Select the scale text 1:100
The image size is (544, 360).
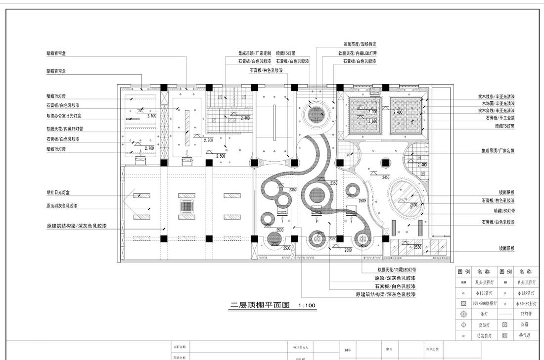pyautogui.click(x=307, y=306)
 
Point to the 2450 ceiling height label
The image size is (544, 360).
pyautogui.click(x=386, y=177)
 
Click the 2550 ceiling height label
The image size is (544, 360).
pyautogui.click(x=417, y=247)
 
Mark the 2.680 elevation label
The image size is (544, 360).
pyautogui.click(x=373, y=121)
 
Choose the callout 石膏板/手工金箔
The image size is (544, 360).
pyautogui.click(x=500, y=118)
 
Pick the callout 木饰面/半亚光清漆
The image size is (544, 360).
pyautogui.click(x=498, y=104)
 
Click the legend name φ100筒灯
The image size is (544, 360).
pyautogui.click(x=483, y=293)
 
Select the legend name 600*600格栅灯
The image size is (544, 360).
pyautogui.click(x=483, y=304)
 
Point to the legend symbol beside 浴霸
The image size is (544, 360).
pyautogui.click(x=505, y=325)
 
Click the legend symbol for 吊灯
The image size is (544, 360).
pyautogui.click(x=463, y=314)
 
